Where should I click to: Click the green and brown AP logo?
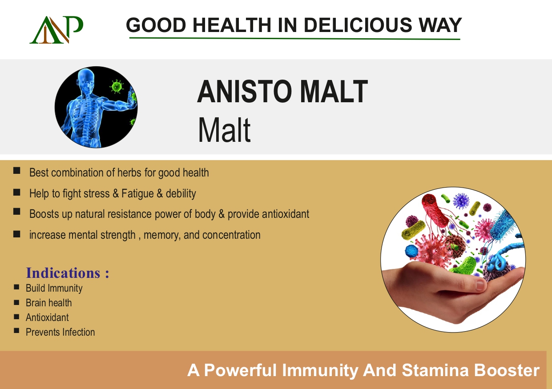(56, 30)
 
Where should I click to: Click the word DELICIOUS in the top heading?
(358, 25)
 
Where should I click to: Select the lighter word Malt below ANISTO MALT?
(224, 130)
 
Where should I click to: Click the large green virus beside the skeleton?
(117, 87)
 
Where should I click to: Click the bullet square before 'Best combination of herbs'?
(17, 171)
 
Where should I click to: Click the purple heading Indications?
(67, 273)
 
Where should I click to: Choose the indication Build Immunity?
(54, 288)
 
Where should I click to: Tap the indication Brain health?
(49, 303)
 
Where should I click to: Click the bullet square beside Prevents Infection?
(16, 331)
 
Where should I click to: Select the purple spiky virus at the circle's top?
(461, 201)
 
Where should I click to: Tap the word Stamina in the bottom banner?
(435, 370)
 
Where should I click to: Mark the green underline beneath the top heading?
(295, 39)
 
